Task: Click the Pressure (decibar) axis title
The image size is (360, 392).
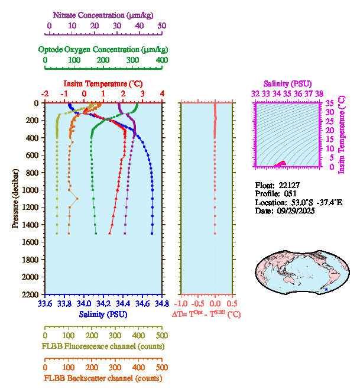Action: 15,199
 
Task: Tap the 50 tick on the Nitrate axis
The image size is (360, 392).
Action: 162,26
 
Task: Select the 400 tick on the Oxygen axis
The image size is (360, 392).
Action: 162,60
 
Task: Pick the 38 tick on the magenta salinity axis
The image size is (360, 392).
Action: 319,93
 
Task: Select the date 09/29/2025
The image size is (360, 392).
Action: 293,210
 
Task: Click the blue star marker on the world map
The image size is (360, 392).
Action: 322,289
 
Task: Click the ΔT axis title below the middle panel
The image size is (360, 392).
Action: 206,315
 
